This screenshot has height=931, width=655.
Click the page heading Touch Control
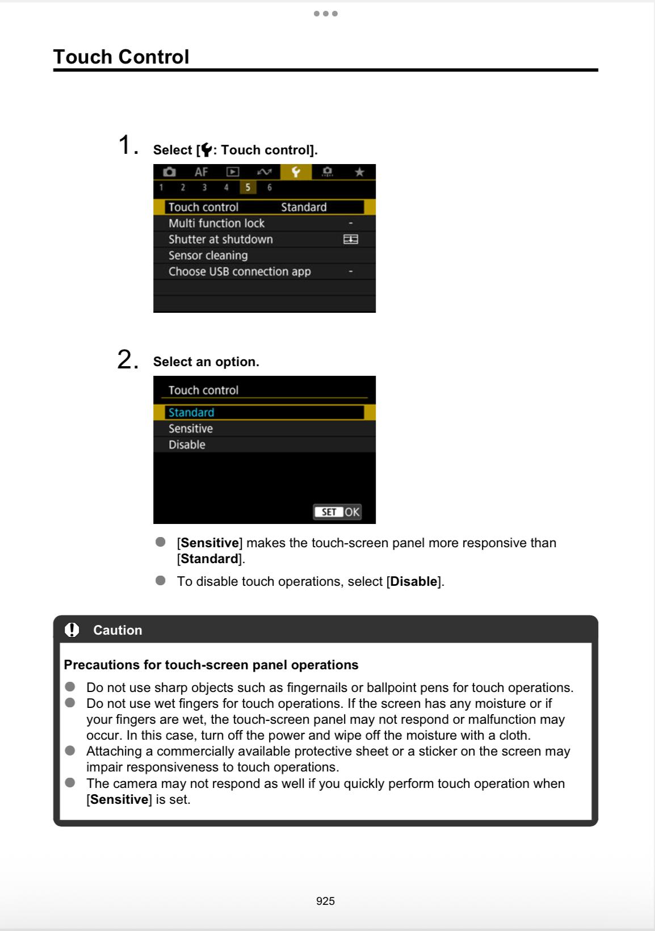click(x=121, y=57)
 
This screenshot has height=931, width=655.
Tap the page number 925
click(x=325, y=901)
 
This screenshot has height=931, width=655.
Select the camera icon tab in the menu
click(x=169, y=172)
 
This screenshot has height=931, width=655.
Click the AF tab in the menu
click(x=201, y=172)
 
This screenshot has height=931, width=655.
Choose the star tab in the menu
click(x=359, y=172)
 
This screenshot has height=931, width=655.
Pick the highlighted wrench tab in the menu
click(x=296, y=172)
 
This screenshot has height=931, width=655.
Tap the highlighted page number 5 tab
click(x=248, y=187)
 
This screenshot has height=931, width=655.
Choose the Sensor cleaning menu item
click(x=208, y=255)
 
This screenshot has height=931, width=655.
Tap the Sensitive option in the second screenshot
click(x=191, y=429)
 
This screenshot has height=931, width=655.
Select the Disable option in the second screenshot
click(x=187, y=444)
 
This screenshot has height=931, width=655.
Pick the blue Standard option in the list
click(x=191, y=413)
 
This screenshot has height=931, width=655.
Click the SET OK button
click(x=338, y=512)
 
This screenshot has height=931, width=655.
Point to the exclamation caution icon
click(x=72, y=630)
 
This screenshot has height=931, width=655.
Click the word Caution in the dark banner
click(x=117, y=630)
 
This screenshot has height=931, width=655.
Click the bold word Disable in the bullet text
click(x=413, y=582)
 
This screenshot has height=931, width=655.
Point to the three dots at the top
click(x=326, y=14)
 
